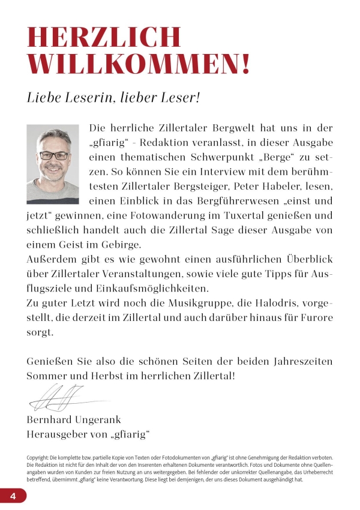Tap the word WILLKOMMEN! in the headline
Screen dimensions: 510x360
[x=139, y=64]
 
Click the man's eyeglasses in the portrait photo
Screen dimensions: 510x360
[x=53, y=155]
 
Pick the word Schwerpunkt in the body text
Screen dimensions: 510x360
[x=235, y=157]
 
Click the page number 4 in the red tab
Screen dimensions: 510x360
[x=13, y=495]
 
